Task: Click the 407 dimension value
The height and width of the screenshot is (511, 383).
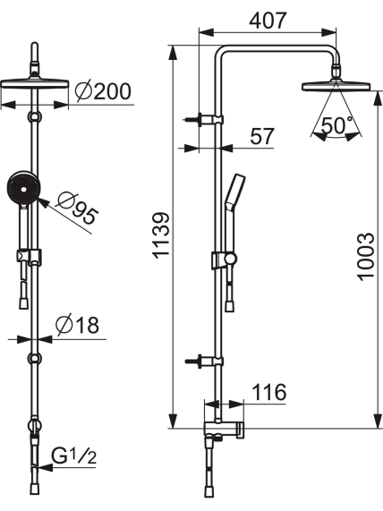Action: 268,21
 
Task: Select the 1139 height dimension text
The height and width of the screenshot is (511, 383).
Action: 162,235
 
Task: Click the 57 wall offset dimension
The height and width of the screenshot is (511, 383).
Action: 262,136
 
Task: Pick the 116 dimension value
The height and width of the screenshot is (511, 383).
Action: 269,392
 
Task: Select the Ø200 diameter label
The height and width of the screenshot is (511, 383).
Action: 103,91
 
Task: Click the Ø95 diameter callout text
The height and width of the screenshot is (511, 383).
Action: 77,209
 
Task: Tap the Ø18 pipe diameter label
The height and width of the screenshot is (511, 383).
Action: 77,325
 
